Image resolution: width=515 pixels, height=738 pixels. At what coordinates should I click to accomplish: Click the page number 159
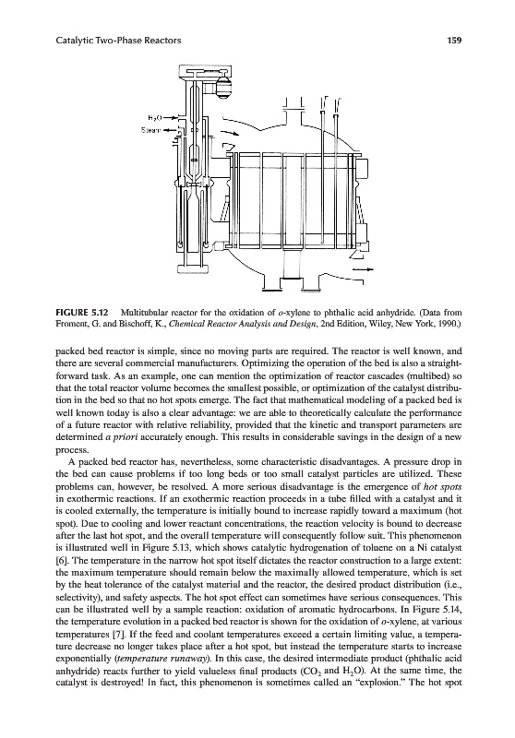point(455,41)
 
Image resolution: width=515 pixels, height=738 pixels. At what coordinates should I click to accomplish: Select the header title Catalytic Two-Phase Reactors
point(118,41)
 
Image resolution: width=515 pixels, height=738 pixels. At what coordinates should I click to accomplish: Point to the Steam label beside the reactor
point(150,129)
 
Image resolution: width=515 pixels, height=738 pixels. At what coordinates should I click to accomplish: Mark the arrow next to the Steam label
point(169,129)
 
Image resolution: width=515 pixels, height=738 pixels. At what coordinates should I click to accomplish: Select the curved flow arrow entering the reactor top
point(230,135)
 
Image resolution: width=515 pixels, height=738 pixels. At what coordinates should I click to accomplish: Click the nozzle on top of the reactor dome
point(294,107)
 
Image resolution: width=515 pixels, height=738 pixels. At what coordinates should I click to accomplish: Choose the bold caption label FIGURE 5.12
point(82,312)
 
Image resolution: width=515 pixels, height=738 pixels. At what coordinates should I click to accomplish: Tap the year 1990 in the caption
point(449,324)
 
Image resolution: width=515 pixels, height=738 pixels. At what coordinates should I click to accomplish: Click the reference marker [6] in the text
point(61,560)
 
